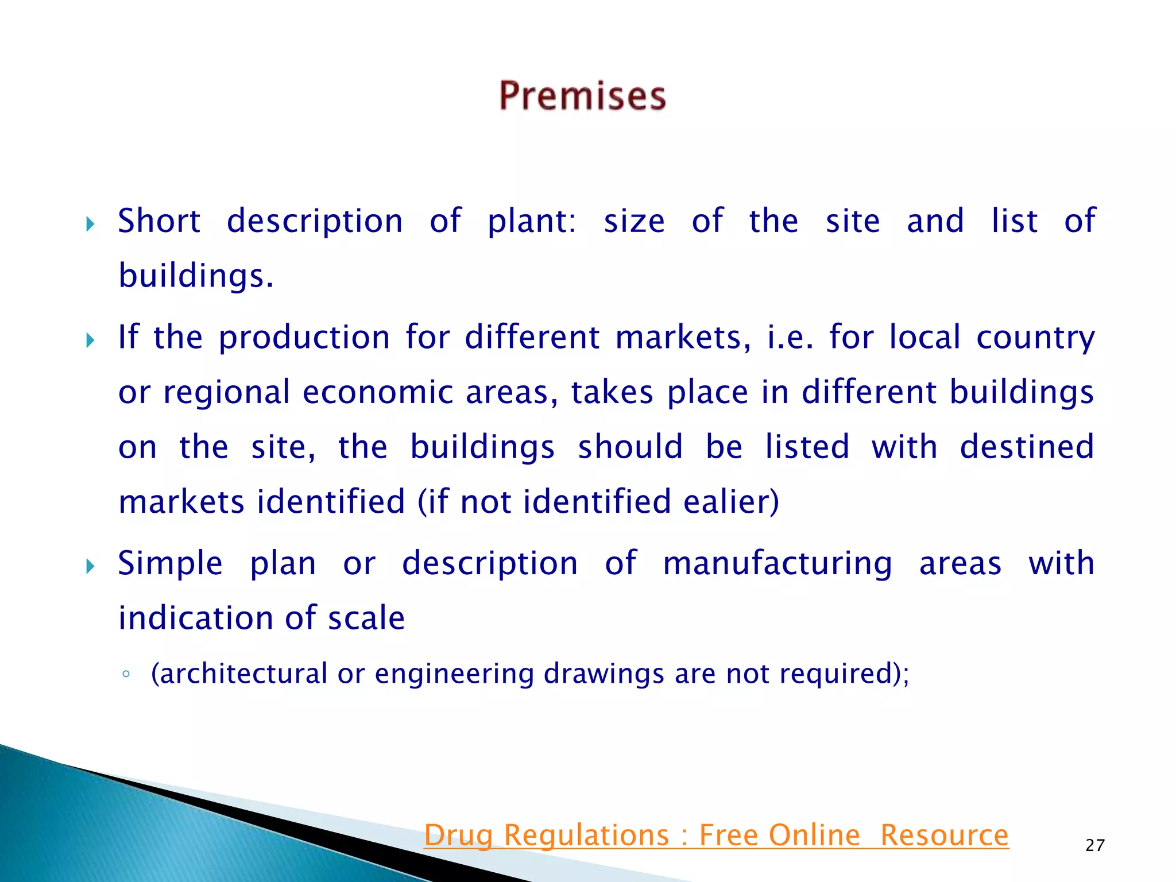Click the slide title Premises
tap(582, 96)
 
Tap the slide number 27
tap(1095, 845)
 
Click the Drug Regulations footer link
tap(716, 835)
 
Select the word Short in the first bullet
tap(159, 221)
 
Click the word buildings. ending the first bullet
tap(196, 276)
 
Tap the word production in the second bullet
tap(304, 337)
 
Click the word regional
tap(226, 393)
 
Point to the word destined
tap(1027, 447)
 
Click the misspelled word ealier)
tap(731, 502)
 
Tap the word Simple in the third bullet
tap(170, 563)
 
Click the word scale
tap(366, 618)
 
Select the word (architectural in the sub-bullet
tap(239, 674)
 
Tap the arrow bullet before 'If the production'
tap(90, 341)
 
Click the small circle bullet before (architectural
tap(126, 674)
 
